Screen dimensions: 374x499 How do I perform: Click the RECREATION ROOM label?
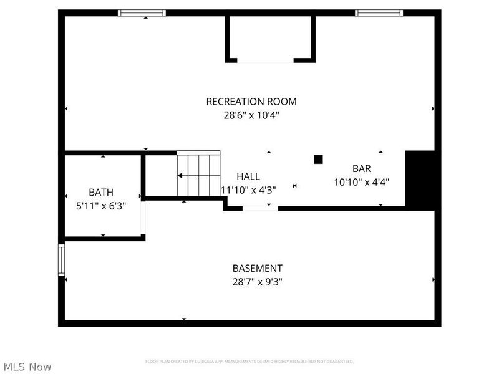tap(251, 102)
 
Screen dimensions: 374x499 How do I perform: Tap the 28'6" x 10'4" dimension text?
tap(251, 115)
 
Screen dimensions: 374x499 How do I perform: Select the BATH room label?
tap(101, 193)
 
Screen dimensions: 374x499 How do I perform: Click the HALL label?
tap(248, 176)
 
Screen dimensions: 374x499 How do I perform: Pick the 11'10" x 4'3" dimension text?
tap(248, 189)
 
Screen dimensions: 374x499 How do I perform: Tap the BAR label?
tap(362, 168)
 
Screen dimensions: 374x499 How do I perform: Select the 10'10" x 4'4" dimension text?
tap(362, 182)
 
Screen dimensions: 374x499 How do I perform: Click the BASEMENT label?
tap(258, 268)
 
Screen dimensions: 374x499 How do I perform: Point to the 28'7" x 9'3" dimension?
tap(258, 281)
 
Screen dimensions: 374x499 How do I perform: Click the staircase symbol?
tap(198, 175)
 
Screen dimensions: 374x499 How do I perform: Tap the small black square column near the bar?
tap(318, 160)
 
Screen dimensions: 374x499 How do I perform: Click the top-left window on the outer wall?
tap(142, 12)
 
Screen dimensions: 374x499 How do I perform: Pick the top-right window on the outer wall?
tap(379, 12)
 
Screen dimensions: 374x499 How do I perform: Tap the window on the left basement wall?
tap(61, 260)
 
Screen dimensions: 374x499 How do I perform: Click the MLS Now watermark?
tap(27, 367)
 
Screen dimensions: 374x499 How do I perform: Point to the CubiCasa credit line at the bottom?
tap(249, 362)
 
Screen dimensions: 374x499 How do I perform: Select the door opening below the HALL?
tap(260, 208)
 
